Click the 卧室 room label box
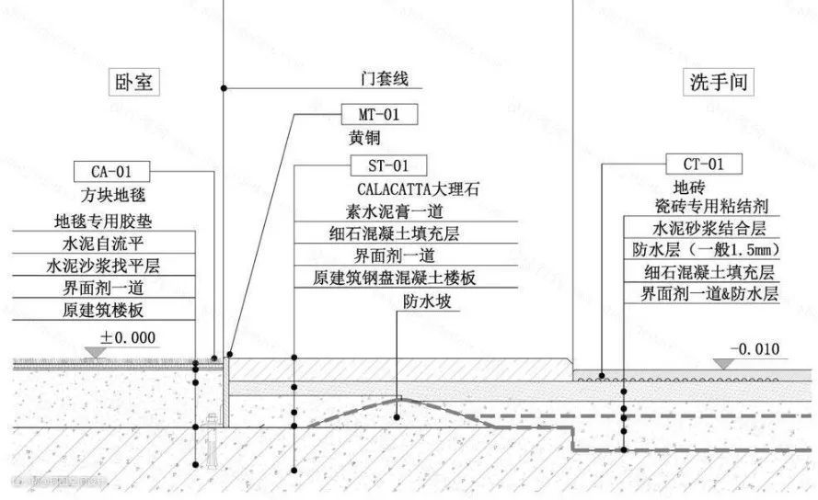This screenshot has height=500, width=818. point(134,83)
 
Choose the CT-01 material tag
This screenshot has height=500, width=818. point(704,165)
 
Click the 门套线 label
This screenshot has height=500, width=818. point(383,79)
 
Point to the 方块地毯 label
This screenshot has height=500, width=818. point(112,195)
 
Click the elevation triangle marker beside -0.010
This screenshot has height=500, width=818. point(723,363)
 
